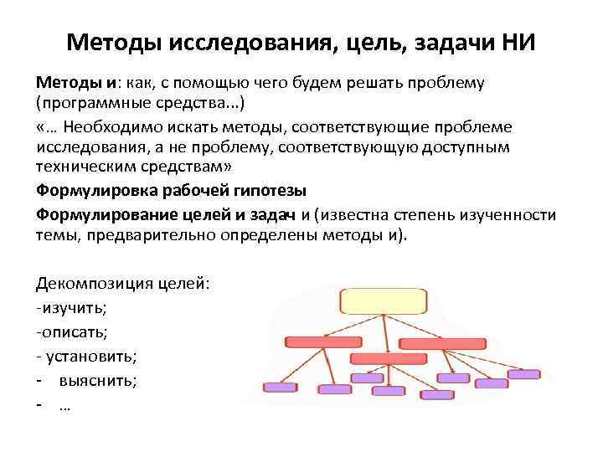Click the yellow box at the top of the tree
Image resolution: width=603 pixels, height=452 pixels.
pos(384,300)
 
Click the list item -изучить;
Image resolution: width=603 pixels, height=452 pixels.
pos(72,307)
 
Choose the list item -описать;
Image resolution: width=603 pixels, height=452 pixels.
pos(72,331)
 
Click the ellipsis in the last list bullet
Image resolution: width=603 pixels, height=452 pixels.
pos(64,405)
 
